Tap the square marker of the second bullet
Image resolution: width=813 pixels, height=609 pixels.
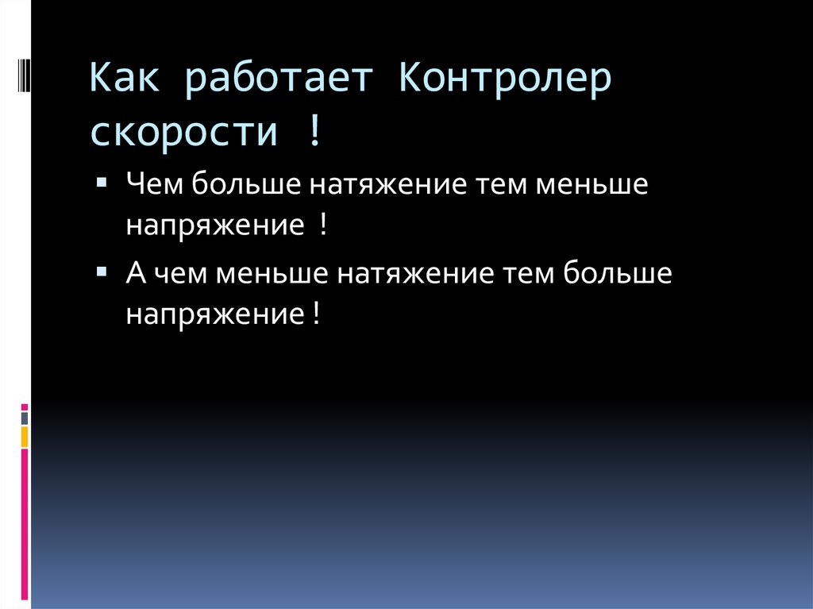click(x=102, y=271)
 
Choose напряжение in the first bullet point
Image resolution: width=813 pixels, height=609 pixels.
click(x=210, y=226)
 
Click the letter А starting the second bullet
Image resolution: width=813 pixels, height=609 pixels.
click(x=134, y=274)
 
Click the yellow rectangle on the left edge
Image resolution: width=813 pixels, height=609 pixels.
click(x=25, y=436)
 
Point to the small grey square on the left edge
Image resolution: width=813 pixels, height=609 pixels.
click(x=25, y=417)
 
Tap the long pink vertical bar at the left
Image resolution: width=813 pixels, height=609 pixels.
click(x=25, y=524)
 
